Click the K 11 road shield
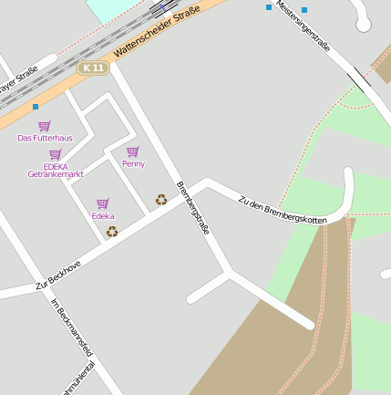pyautogui.click(x=94, y=68)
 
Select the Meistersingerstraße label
pyautogui.click(x=303, y=25)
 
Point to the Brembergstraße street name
pyautogui.click(x=192, y=209)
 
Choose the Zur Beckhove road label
pyautogui.click(x=58, y=275)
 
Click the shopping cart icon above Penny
pyautogui.click(x=133, y=151)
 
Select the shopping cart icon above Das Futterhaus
pyautogui.click(x=45, y=126)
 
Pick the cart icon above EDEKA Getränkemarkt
pyautogui.click(x=56, y=154)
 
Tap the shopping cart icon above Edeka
pyautogui.click(x=103, y=203)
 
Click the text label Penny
pyautogui.click(x=133, y=164)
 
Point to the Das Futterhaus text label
pyautogui.click(x=45, y=139)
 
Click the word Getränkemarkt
pyautogui.click(x=56, y=174)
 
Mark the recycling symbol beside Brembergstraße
pyautogui.click(x=161, y=199)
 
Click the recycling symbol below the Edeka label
pyautogui.click(x=112, y=231)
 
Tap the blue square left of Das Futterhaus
pyautogui.click(x=36, y=107)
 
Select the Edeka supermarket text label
pyautogui.click(x=103, y=216)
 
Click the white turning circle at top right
pyautogui.click(x=364, y=25)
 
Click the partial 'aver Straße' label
pyautogui.click(x=18, y=80)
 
